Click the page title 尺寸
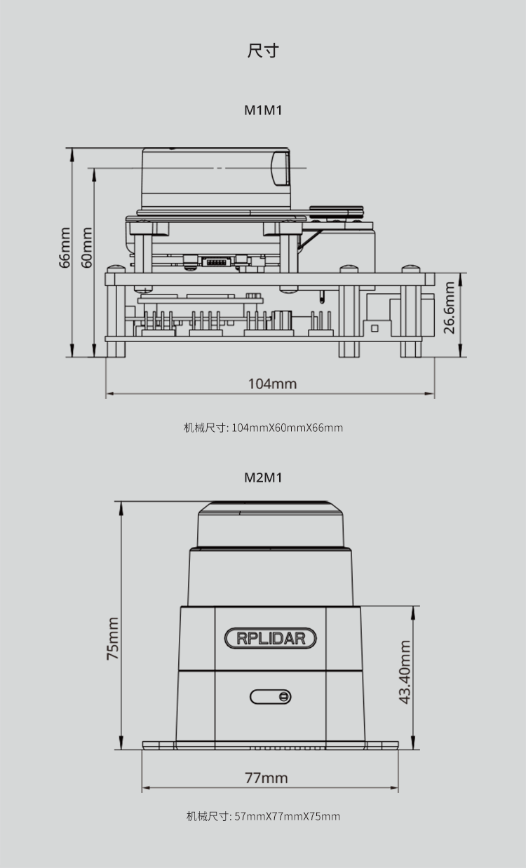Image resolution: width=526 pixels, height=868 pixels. point(263,50)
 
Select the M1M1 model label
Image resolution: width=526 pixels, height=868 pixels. point(263,111)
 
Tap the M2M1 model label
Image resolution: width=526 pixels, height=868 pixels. point(263,477)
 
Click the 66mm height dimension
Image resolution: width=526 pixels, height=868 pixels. point(65,247)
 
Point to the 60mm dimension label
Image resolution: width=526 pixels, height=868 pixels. point(87,247)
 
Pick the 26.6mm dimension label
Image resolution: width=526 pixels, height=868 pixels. point(449,308)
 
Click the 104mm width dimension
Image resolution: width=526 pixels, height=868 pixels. point(272,384)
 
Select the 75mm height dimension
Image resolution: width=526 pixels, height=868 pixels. point(112,638)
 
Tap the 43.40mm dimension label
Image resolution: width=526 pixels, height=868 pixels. point(405,672)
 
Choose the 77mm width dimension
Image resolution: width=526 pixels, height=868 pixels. point(267,778)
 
